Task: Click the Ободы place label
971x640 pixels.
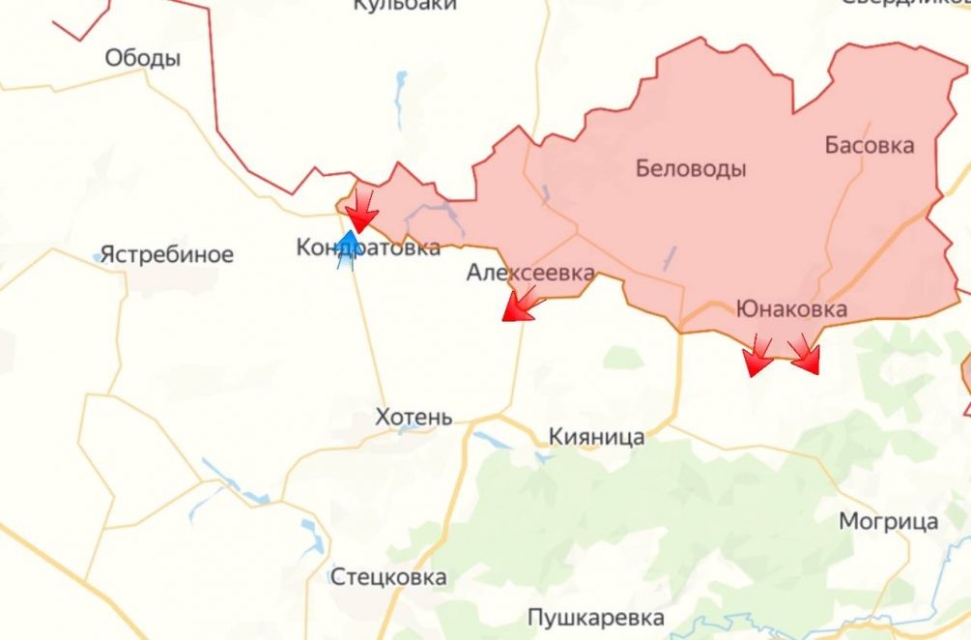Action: point(143,59)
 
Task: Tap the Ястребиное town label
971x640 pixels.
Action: point(167,255)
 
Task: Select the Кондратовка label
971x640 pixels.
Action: point(368,248)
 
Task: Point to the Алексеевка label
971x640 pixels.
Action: point(530,273)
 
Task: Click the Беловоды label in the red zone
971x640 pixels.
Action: point(691,169)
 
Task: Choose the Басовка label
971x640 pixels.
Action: point(869,146)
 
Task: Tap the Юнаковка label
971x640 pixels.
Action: point(791,309)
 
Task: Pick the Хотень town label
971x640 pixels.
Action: point(414,418)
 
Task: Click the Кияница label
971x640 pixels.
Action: point(596,437)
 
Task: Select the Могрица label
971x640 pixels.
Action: point(888,522)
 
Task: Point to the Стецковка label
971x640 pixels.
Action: point(388,578)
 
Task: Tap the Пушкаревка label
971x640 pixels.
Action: point(596,618)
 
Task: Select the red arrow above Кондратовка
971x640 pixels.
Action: point(362,212)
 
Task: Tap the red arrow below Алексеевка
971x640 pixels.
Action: point(520,306)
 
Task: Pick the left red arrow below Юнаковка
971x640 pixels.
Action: point(757,358)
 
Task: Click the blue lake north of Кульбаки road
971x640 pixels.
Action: point(401,97)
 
